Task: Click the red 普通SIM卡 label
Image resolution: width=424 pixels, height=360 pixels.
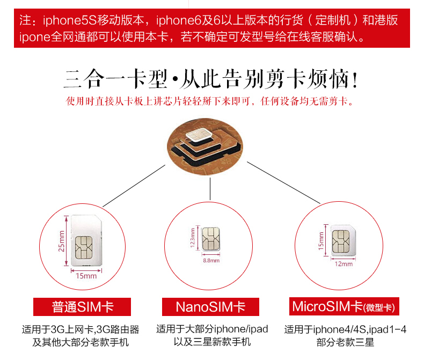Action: tap(82, 307)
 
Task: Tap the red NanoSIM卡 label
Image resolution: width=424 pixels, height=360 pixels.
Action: tap(210, 307)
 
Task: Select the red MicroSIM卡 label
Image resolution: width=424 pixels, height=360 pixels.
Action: tap(343, 307)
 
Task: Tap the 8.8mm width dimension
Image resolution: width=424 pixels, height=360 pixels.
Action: tap(211, 260)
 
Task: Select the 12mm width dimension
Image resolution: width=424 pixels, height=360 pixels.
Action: tap(343, 263)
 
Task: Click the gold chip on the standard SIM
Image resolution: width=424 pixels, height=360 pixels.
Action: tap(85, 248)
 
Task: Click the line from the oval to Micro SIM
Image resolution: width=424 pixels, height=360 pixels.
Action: tap(279, 183)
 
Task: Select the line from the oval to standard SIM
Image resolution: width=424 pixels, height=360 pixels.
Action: tap(134, 186)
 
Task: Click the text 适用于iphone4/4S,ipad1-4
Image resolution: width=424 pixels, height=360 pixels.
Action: tap(345, 329)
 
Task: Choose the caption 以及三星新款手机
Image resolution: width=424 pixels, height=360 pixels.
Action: tap(212, 342)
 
